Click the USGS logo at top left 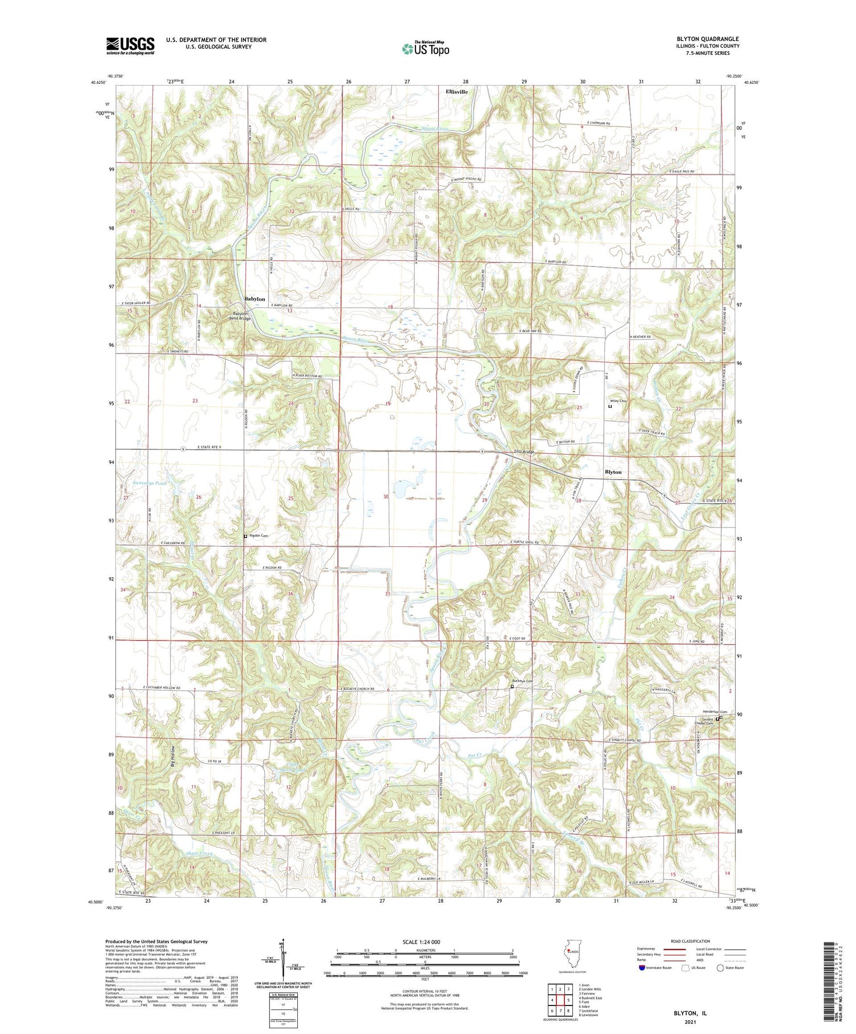click(130, 46)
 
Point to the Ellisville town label click(456, 91)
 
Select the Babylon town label click(255, 299)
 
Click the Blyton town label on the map click(613, 472)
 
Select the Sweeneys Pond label click(150, 483)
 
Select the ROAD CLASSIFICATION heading click(690, 941)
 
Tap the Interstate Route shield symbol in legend click(642, 968)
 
